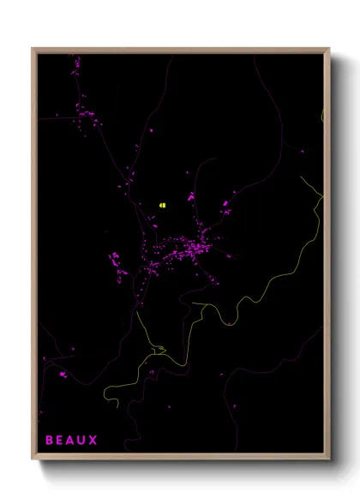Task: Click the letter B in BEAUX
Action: coord(49,441)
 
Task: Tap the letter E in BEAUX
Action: coord(60,441)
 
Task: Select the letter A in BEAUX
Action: coord(71,441)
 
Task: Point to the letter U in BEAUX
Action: coord(82,441)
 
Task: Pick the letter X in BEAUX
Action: coord(93,441)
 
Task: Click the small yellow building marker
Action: coord(160,205)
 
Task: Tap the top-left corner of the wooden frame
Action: coord(33,49)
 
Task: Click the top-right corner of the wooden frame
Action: coord(330,49)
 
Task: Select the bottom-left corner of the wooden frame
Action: coord(33,461)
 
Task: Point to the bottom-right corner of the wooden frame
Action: coord(330,461)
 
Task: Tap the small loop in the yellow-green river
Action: coord(158,348)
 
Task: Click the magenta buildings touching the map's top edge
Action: coord(75,62)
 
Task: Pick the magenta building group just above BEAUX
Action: coord(61,374)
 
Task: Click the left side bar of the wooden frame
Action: coord(34,257)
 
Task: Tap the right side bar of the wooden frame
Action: coord(327,257)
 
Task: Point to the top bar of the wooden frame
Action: coord(180,50)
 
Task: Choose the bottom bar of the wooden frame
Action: coord(180,459)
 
